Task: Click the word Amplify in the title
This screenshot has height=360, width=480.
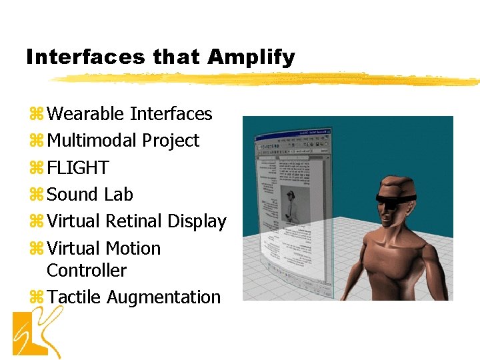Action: click(251, 57)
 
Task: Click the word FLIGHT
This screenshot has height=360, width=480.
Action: click(78, 167)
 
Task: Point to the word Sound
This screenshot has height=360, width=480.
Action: click(73, 195)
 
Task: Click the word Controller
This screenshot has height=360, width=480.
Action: click(87, 271)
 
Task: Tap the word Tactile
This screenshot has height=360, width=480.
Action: click(74, 297)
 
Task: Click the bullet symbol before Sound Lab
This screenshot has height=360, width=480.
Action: click(36, 195)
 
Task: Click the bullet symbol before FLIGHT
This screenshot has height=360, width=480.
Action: click(36, 168)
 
